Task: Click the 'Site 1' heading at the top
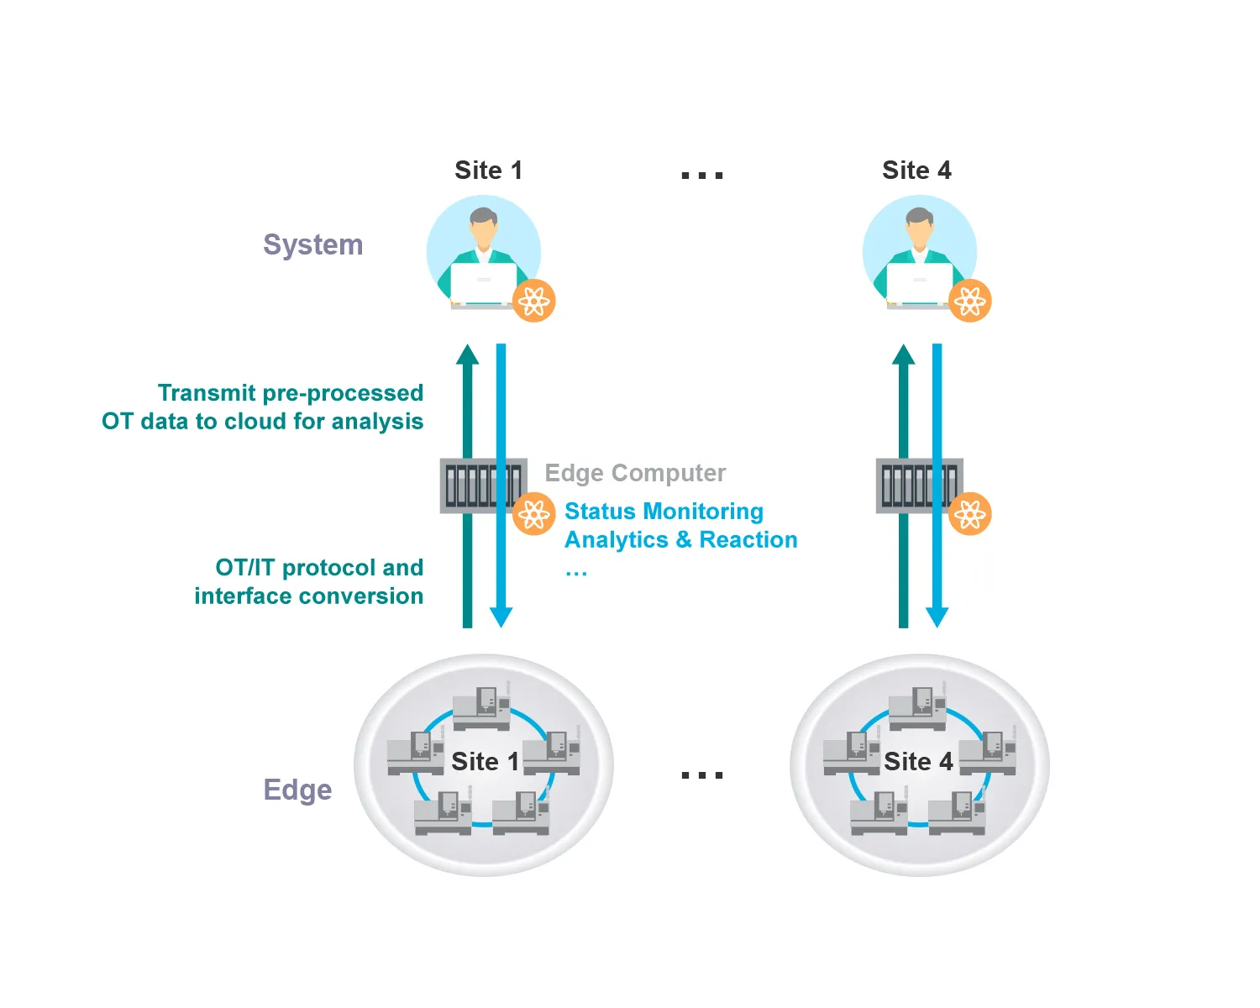(x=488, y=171)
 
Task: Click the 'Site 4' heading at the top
(x=916, y=171)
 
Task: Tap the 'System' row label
(x=312, y=244)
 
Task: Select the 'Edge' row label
(x=297, y=790)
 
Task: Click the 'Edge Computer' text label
(x=635, y=473)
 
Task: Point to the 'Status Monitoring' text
(x=664, y=511)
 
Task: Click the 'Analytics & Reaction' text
(x=680, y=539)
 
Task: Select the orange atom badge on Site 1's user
(x=534, y=301)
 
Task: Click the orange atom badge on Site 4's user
(x=970, y=301)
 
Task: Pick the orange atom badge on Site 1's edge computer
(x=534, y=514)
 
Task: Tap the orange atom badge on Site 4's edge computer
(x=970, y=514)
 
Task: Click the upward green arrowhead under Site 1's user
(x=468, y=354)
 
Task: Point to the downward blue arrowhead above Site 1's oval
(x=501, y=617)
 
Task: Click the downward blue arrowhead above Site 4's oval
(x=937, y=617)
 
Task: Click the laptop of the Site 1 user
(x=484, y=283)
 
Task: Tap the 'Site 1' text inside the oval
(x=485, y=762)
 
